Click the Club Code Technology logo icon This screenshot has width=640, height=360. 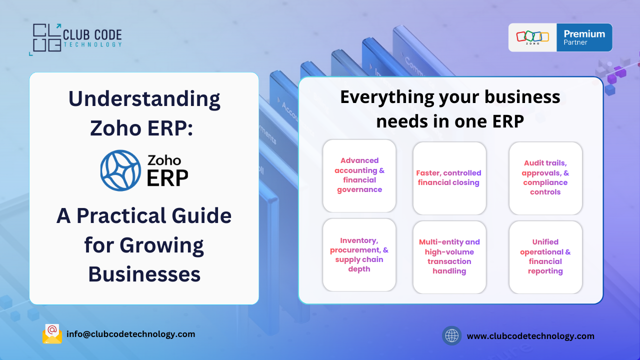(45, 38)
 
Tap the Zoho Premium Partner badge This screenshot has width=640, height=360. (560, 37)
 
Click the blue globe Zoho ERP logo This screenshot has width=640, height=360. (120, 170)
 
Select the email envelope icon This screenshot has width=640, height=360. (52, 334)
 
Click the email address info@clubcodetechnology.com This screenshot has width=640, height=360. (131, 334)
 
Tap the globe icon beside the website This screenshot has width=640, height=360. (451, 335)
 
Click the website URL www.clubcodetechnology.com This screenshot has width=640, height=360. (530, 336)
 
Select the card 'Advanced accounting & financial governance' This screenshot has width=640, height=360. (359, 175)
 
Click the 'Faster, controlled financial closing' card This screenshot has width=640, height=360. (449, 178)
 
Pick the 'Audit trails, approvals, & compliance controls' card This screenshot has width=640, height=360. (545, 178)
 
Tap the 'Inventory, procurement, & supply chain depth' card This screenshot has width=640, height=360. (359, 255)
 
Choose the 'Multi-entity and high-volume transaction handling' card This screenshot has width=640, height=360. (449, 257)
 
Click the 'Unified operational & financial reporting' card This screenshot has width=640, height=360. (545, 257)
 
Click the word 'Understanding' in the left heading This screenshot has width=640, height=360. (144, 99)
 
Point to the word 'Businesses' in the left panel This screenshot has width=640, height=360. (144, 274)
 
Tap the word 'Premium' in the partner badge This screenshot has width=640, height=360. (584, 34)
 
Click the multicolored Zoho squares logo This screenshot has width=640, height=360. (532, 36)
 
